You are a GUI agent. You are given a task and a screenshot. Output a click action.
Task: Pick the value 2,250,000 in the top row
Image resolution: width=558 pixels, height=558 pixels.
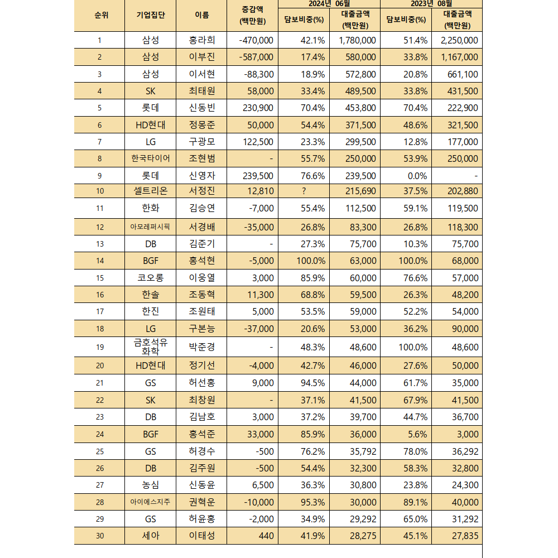click(459, 40)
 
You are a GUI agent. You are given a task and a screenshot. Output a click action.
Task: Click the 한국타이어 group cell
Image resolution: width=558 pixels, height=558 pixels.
click(151, 158)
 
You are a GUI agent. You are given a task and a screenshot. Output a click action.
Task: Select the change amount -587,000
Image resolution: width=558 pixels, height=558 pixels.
click(256, 57)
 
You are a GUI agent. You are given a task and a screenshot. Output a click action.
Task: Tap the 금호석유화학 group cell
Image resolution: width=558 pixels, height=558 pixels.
click(151, 347)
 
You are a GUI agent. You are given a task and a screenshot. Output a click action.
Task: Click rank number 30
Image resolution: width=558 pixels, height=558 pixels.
click(100, 536)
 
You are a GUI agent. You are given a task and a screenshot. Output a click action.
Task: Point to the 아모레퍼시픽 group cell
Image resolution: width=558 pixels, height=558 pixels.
click(151, 227)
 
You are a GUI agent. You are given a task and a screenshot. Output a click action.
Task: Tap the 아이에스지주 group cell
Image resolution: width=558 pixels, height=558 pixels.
click(151, 502)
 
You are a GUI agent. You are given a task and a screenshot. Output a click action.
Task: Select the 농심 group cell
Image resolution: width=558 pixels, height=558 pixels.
click(151, 485)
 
